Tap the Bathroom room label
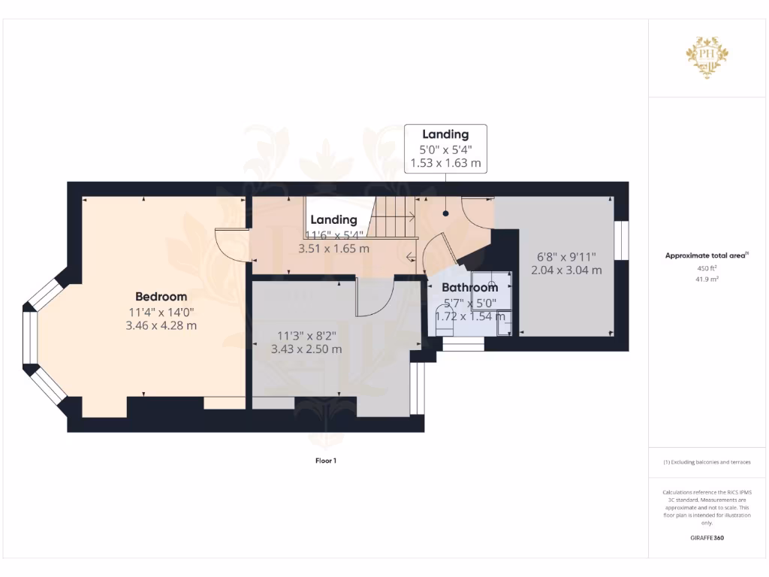pyautogui.click(x=469, y=287)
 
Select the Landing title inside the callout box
pyautogui.click(x=445, y=134)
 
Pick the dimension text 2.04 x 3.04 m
pyautogui.click(x=566, y=270)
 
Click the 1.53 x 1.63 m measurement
pyautogui.click(x=445, y=162)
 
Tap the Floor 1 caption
pyautogui.click(x=325, y=461)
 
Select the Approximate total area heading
pyautogui.click(x=706, y=256)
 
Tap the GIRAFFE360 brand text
pyautogui.click(x=707, y=538)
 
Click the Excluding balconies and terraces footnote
pyautogui.click(x=707, y=462)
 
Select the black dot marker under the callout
pyautogui.click(x=445, y=213)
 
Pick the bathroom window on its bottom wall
pyautogui.click(x=463, y=344)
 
